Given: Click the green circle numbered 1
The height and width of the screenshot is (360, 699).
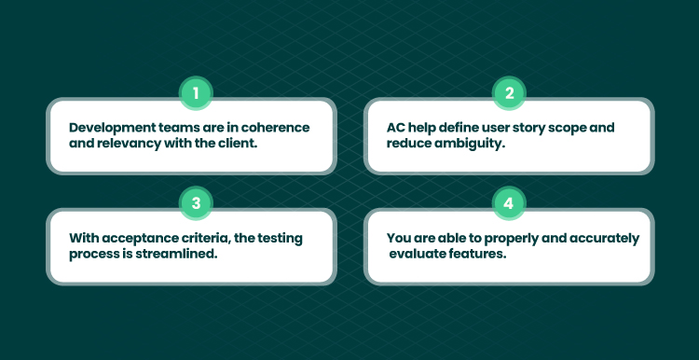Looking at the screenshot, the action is click(x=196, y=93).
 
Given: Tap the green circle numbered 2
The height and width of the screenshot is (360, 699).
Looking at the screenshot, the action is click(x=509, y=93).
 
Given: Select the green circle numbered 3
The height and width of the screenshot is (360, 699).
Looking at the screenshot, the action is click(x=196, y=203).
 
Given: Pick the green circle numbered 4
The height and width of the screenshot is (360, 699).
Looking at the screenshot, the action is click(x=509, y=203).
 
